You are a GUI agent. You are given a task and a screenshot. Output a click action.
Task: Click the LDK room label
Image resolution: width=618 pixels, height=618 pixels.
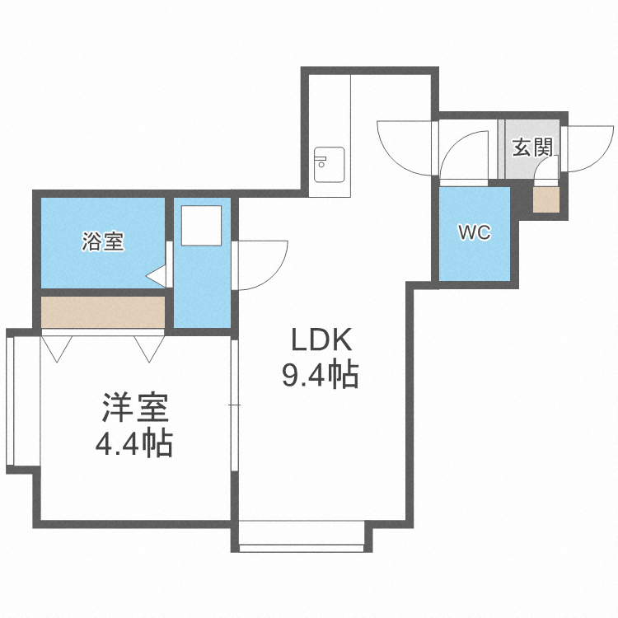(x=321, y=340)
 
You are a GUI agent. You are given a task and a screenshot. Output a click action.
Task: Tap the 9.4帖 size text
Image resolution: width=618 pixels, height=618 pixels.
(x=321, y=376)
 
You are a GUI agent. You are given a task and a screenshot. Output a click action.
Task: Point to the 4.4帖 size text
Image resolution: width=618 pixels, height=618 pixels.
(x=133, y=445)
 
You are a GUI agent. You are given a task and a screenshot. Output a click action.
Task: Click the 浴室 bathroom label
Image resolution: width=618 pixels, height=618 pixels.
(x=102, y=242)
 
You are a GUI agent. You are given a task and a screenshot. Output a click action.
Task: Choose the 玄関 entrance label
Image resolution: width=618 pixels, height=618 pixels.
(x=531, y=148)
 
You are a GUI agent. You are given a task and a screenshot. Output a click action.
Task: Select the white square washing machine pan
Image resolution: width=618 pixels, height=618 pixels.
(x=201, y=225)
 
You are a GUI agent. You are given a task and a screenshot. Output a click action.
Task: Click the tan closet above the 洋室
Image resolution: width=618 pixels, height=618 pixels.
(x=103, y=311)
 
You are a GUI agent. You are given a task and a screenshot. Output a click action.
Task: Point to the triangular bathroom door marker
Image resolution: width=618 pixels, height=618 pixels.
(x=157, y=274)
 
